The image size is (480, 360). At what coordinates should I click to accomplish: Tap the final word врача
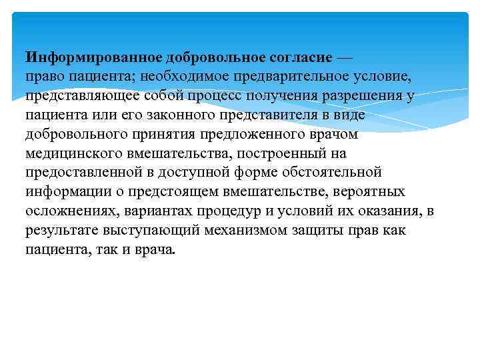(x=155, y=250)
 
